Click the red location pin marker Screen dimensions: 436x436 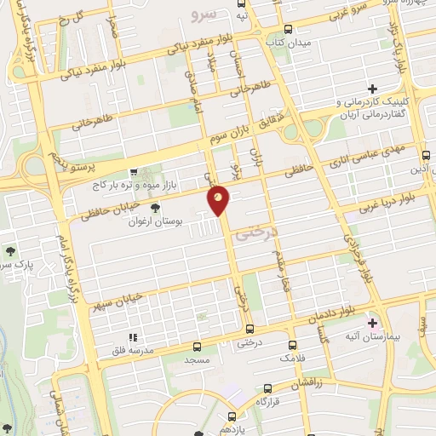coord(219,200)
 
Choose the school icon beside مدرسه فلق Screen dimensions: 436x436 coord(132,336)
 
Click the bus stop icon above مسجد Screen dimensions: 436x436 coord(198,347)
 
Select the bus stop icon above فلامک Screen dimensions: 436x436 coord(293,345)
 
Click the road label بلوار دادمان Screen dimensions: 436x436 coord(330,314)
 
